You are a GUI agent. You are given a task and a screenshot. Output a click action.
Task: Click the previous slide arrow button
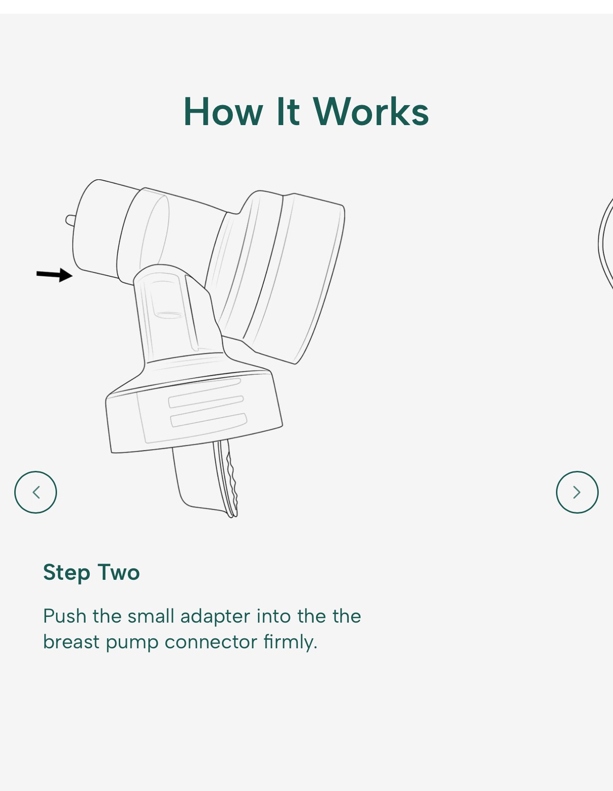point(36,492)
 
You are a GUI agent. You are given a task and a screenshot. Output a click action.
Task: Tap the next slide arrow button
point(577,492)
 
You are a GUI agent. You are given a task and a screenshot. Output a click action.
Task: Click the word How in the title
point(223,112)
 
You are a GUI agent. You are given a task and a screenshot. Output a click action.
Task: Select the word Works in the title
point(371,112)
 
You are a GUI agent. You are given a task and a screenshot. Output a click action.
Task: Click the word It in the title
point(288,112)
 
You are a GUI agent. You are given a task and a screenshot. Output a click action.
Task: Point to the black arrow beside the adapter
point(55,275)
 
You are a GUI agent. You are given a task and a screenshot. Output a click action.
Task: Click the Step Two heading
point(91,573)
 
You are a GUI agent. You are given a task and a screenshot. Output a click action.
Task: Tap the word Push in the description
point(65,616)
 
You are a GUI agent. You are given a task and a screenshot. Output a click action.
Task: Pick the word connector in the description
point(211,643)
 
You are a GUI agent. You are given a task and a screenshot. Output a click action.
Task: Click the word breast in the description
point(71,642)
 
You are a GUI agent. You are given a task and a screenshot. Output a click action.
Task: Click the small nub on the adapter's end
point(70,220)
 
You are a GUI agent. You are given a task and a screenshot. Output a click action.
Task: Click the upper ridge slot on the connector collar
point(206,401)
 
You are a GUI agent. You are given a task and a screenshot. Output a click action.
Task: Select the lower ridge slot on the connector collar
point(209,420)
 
